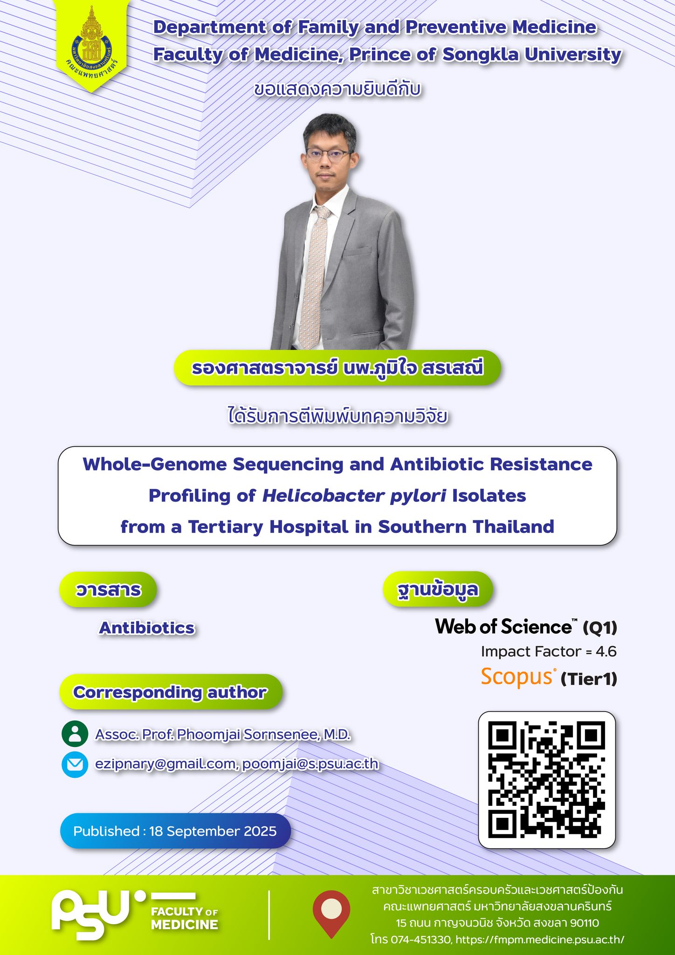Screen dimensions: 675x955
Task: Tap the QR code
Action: [546, 779]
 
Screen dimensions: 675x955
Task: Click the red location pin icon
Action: [331, 914]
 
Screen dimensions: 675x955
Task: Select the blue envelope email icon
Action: [75, 765]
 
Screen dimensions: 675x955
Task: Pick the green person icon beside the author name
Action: [75, 734]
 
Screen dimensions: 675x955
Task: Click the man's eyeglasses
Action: [327, 155]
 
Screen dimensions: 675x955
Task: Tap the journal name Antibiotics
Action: [147, 628]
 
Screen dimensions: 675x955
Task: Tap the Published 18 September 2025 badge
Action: [175, 831]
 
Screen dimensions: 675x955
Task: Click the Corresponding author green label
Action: [171, 692]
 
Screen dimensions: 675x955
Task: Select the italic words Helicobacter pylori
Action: [354, 496]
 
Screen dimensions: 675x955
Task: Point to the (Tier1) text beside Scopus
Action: [589, 679]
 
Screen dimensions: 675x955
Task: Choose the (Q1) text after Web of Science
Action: [600, 628]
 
